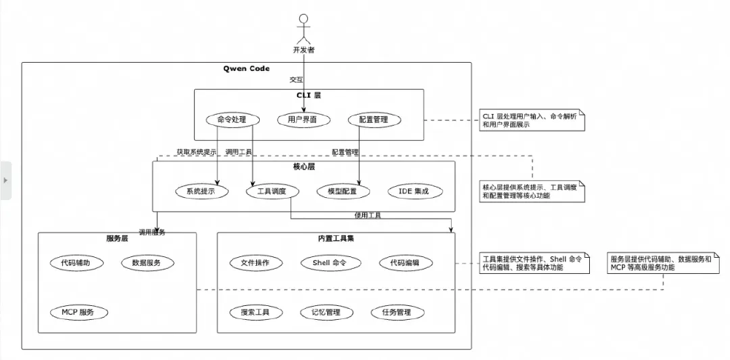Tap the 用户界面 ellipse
pos(304,119)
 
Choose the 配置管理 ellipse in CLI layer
pos(374,119)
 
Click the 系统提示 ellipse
pos(201,191)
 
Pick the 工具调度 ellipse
pos(271,191)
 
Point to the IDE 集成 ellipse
pos(413,191)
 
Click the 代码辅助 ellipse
pos(77,263)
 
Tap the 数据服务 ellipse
pos(147,263)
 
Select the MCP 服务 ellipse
pos(77,312)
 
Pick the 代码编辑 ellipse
pos(405,263)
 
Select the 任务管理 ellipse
pos(396,312)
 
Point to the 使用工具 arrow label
pos(367,215)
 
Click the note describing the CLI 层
pos(531,120)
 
